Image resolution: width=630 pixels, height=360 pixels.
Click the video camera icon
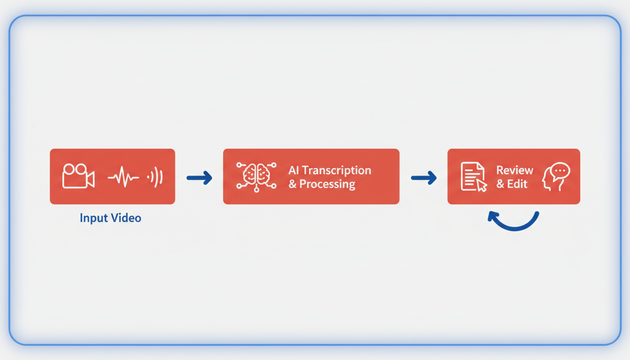pos(78,176)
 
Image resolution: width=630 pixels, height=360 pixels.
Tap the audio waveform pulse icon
pos(123,177)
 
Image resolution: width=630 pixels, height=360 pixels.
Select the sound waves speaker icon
pos(156,177)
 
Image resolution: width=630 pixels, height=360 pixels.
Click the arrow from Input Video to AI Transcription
pos(199,177)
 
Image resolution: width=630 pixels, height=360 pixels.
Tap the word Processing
pos(327,184)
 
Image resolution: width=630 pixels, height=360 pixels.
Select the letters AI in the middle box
pos(293,170)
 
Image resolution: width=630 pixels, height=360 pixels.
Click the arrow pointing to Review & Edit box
pos(423,177)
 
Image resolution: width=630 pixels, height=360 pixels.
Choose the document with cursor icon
pos(473,177)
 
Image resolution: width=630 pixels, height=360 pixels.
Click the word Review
pos(515,170)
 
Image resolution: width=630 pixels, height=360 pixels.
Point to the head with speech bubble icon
pos(555,176)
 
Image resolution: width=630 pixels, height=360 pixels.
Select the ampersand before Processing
pos(292,184)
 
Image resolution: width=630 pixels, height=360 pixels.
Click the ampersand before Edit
pos(500,184)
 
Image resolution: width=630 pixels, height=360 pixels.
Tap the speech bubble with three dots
pos(560,171)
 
